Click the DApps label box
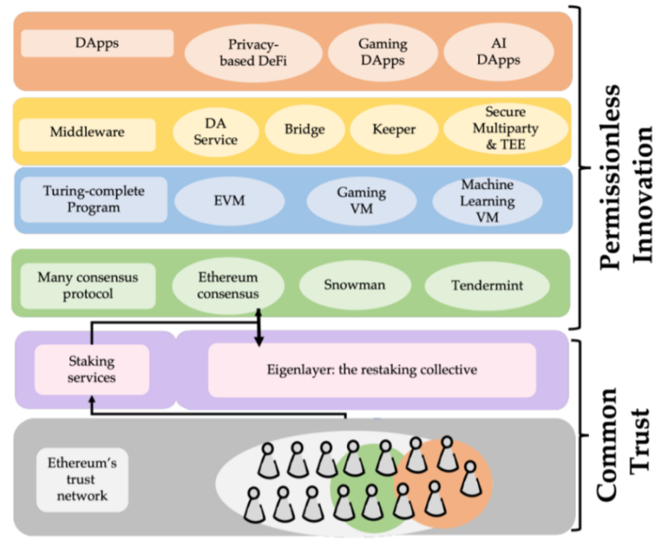point(96,43)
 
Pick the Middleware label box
point(87,133)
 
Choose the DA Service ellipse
point(215,130)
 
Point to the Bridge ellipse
point(304,130)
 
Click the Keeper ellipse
point(393,130)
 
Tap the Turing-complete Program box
point(93,199)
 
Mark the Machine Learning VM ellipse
point(487,201)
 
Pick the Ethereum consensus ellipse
point(228,285)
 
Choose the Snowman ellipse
point(353,285)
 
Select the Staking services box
point(91,369)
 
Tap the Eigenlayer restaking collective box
point(372,369)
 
